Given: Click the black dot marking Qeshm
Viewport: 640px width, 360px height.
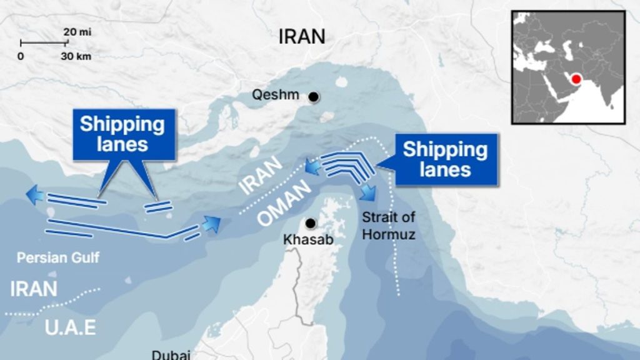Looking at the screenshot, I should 313,97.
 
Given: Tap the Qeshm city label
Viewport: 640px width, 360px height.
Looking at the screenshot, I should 276,96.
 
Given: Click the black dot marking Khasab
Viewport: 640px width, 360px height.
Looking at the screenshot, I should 309,223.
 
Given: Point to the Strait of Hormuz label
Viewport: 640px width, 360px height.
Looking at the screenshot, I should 389,226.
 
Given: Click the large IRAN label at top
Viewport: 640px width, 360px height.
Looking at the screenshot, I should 302,36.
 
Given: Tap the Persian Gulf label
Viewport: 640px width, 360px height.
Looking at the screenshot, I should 58,257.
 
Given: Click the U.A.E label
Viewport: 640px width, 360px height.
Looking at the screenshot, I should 71,327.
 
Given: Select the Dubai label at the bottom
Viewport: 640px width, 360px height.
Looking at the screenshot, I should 171,354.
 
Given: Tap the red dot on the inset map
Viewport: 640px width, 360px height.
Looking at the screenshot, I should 576,79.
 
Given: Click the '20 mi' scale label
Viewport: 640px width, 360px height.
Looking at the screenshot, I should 77,32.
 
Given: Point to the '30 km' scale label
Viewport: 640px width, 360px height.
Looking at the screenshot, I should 76,56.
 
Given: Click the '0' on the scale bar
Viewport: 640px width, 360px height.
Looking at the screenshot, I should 21,56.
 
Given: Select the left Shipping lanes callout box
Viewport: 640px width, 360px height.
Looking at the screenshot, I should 122,134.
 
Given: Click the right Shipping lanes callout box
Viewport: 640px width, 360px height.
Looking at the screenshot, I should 445,159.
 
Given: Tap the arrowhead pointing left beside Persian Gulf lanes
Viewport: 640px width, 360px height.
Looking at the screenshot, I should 35,196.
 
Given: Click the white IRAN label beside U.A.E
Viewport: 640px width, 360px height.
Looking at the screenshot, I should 34,289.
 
